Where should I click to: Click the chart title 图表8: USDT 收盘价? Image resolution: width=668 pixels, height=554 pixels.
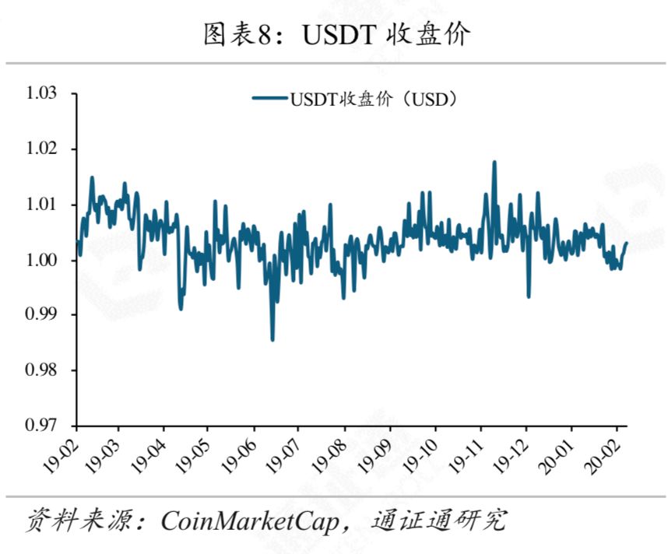[336, 34]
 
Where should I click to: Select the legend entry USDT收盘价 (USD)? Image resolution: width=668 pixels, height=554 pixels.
[354, 100]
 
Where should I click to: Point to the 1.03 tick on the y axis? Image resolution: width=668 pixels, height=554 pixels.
[41, 93]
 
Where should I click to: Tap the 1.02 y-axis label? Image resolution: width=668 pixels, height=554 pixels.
[41, 149]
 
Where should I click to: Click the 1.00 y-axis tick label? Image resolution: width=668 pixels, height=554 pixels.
[41, 260]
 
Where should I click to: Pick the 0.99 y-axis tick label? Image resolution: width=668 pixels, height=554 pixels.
[41, 314]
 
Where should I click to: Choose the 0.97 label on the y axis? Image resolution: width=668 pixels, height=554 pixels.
[41, 425]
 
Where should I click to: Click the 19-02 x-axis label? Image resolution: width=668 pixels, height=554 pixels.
[62, 456]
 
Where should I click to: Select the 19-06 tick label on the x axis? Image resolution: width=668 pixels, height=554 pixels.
[239, 456]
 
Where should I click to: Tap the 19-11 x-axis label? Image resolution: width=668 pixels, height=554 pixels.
[466, 456]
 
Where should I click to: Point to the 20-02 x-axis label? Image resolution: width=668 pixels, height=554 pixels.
[601, 456]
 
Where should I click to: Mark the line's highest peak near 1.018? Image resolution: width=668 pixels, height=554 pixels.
[494, 162]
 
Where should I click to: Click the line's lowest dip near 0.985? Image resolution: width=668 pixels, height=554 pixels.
[272, 340]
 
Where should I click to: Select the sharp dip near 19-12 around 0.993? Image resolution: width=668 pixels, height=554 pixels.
[529, 296]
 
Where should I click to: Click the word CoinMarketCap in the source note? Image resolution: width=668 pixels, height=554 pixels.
[250, 521]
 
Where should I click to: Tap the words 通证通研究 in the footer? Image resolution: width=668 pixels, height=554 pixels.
[439, 520]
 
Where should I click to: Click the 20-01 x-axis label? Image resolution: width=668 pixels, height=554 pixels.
[556, 456]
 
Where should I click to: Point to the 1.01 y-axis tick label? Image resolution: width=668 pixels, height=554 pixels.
[41, 204]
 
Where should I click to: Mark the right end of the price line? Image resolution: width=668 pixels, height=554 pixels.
[626, 243]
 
